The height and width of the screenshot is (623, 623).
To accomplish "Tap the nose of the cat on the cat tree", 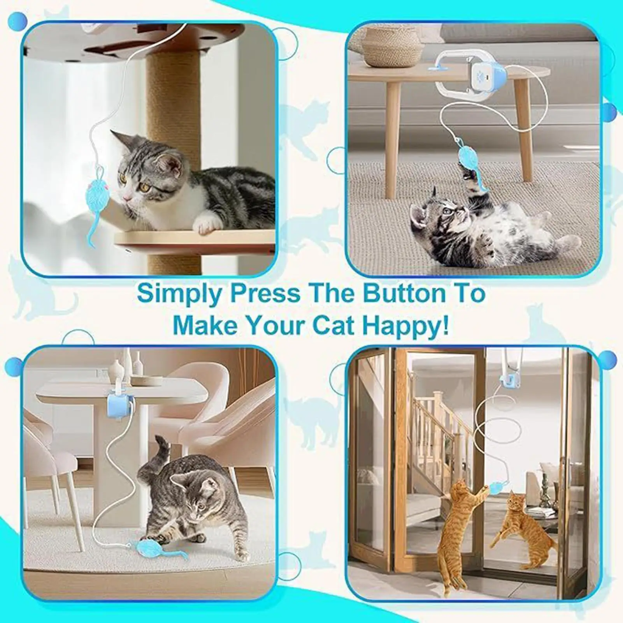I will [126, 198].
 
